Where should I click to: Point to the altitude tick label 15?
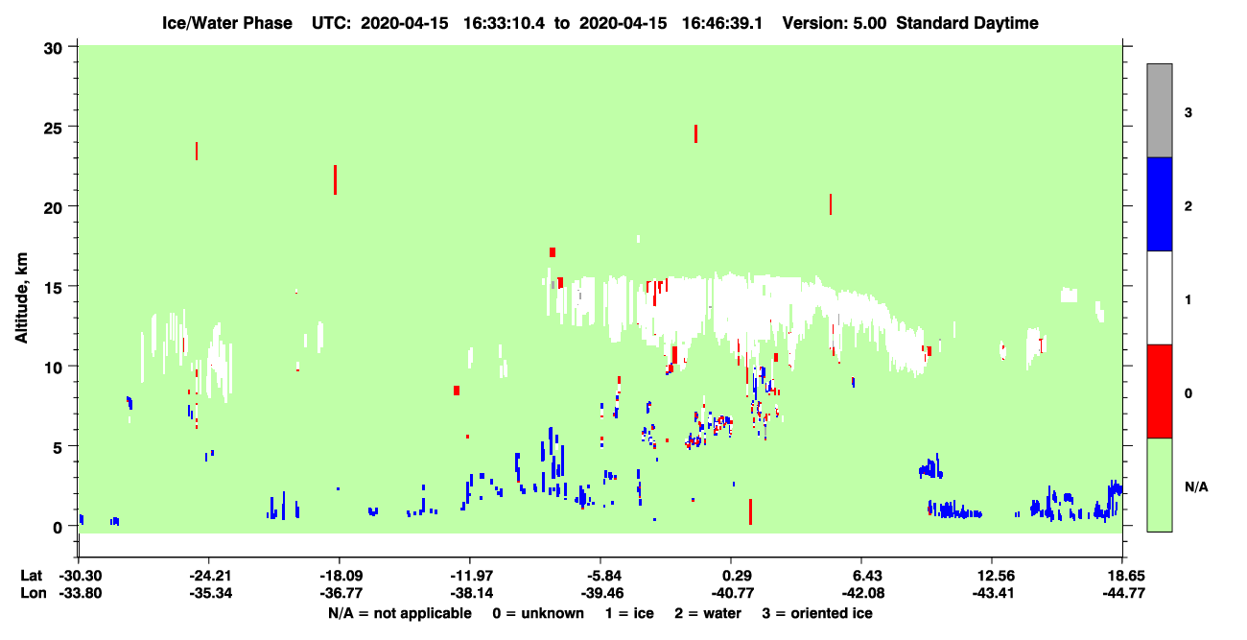click(53, 288)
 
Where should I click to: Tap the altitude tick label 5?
click(58, 448)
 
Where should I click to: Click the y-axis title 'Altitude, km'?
click(21, 297)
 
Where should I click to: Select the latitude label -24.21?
click(210, 576)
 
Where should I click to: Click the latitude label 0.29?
click(737, 576)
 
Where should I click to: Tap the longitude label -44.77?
click(1124, 593)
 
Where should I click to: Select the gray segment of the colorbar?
click(1160, 110)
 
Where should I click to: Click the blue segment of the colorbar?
click(1160, 203)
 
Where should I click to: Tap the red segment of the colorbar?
click(1160, 391)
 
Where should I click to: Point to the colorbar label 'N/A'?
click(1196, 487)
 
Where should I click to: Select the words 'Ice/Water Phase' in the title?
click(227, 23)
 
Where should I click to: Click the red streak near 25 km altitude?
click(695, 133)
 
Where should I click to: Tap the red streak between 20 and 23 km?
click(335, 180)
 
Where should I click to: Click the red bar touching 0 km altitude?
click(750, 511)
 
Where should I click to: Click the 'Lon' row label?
click(34, 593)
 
